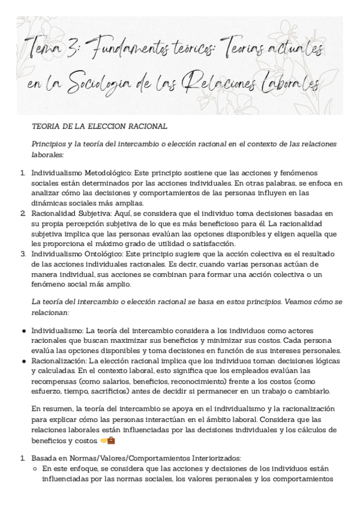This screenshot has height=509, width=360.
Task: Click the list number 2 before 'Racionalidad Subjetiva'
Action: point(23,213)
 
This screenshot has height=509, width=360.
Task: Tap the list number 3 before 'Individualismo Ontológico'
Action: point(23,254)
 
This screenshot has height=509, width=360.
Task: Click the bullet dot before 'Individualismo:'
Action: point(23,331)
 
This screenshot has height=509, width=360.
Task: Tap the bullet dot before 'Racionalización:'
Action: point(23,361)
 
